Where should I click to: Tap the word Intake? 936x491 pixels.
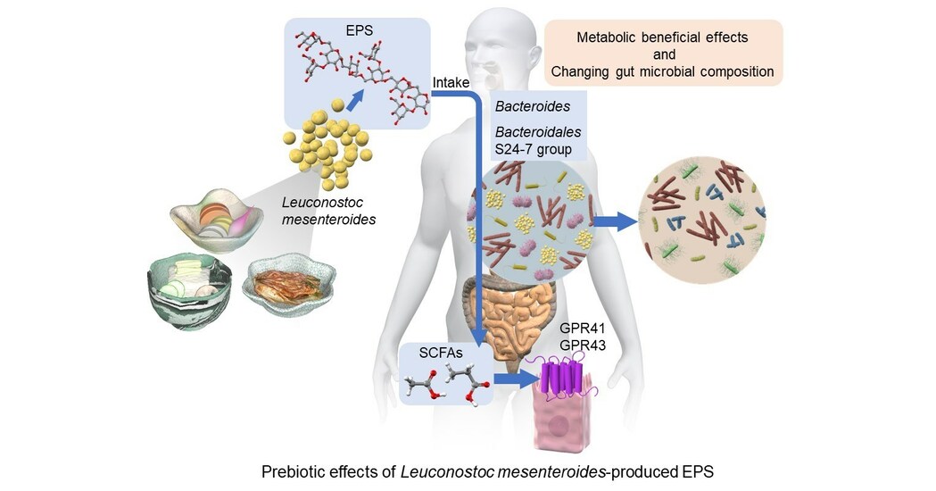(451, 83)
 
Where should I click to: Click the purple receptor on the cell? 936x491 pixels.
(566, 378)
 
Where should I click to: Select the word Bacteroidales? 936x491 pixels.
(534, 132)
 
